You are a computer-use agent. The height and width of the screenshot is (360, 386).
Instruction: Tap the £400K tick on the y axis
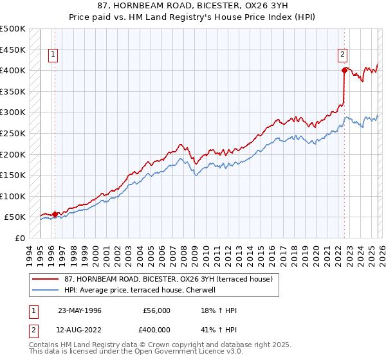pyautogui.click(x=13, y=70)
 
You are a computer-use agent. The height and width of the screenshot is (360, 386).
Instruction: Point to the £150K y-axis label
pyautogui.click(x=13, y=175)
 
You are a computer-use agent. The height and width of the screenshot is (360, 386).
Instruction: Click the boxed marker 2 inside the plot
pyautogui.click(x=343, y=55)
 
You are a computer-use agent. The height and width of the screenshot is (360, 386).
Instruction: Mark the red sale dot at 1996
pyautogui.click(x=55, y=215)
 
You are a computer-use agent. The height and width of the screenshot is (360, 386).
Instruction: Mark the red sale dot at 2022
pyautogui.click(x=345, y=71)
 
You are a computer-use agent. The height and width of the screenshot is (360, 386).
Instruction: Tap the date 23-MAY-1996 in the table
pyautogui.click(x=80, y=310)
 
